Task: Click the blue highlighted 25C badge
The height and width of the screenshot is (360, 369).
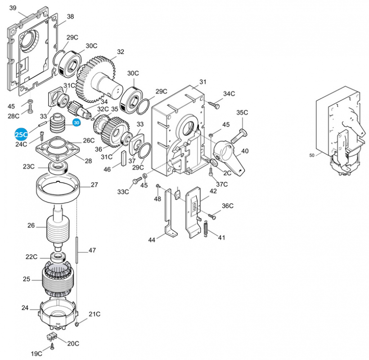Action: click(x=21, y=135)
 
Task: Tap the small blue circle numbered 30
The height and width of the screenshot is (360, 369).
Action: click(x=76, y=123)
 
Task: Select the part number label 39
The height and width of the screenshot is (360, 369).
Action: click(x=13, y=8)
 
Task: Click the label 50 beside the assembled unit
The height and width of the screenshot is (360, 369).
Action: click(x=311, y=155)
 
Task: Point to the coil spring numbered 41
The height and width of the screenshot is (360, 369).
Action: click(x=206, y=229)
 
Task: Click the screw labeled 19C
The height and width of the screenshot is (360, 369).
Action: click(x=52, y=346)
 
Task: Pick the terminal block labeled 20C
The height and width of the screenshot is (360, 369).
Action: click(x=52, y=337)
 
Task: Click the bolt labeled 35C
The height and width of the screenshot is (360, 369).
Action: click(x=239, y=136)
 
